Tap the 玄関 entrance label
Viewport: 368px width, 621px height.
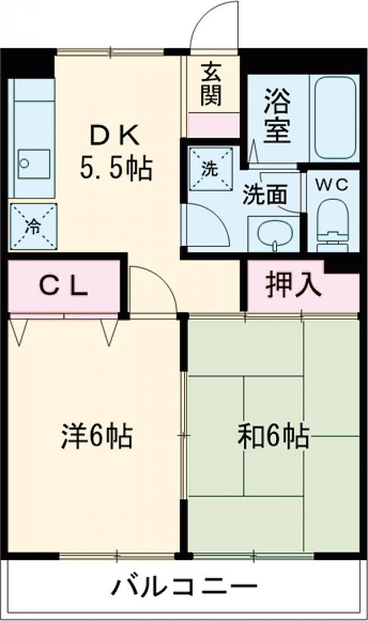(x=210, y=84)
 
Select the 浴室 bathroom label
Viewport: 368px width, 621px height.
(x=277, y=116)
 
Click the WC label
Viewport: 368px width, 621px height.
(x=332, y=185)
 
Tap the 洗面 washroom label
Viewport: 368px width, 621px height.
(x=264, y=195)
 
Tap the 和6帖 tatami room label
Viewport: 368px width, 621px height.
(x=273, y=436)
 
